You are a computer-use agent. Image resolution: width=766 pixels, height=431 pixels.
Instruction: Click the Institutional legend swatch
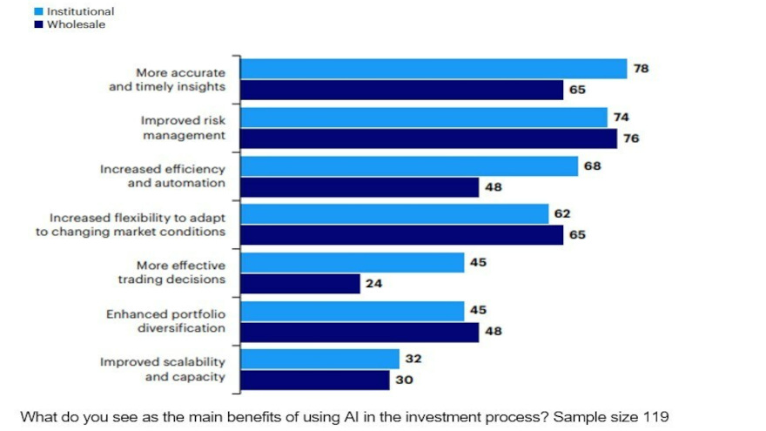[x=39, y=11]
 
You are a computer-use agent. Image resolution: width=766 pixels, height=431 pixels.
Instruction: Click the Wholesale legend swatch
[x=39, y=24]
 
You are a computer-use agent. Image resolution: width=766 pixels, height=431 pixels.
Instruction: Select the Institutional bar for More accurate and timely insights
[x=433, y=69]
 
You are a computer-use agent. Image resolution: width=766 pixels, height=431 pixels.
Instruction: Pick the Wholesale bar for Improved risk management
[x=428, y=138]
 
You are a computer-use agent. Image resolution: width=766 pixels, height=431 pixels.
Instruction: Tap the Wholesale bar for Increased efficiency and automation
[x=359, y=187]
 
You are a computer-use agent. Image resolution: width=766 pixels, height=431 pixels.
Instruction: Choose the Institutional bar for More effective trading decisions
[x=353, y=263]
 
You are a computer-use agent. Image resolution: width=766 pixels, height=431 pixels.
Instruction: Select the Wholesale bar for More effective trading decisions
[x=300, y=283]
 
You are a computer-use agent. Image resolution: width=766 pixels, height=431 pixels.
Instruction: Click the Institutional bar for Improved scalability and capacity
[x=319, y=359]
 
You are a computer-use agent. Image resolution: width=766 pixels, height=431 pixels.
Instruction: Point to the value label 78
[x=641, y=68]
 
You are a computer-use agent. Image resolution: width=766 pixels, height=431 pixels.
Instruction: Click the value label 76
[x=631, y=138]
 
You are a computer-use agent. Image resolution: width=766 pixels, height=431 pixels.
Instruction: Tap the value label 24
[x=373, y=283]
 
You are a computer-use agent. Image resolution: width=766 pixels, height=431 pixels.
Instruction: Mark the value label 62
[x=562, y=213]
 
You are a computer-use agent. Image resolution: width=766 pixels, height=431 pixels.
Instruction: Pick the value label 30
[x=404, y=380]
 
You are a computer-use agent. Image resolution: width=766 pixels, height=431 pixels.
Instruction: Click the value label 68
[x=592, y=165]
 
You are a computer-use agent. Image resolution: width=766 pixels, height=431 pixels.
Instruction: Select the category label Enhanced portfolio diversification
[x=165, y=320]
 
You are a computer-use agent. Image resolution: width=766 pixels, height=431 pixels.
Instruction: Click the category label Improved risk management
[x=183, y=127]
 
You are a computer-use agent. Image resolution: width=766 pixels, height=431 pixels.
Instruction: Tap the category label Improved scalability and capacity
[x=163, y=369]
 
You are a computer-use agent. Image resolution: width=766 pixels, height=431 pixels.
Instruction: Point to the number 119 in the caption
[x=655, y=416]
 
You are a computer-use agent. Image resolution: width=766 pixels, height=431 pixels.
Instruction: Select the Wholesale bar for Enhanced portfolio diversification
[x=359, y=332]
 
